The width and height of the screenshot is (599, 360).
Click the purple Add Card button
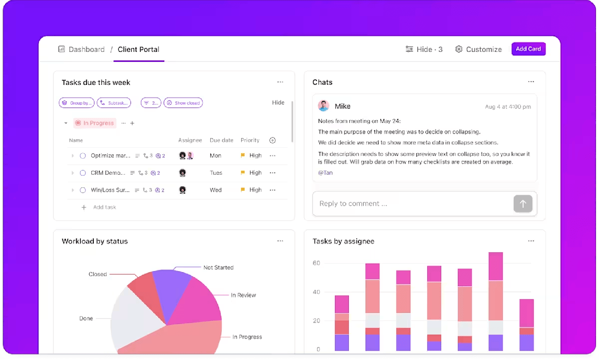pos(528,49)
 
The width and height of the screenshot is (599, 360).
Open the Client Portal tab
pos(138,49)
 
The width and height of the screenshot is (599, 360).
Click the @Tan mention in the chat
pos(325,173)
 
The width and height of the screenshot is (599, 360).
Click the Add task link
pos(104,207)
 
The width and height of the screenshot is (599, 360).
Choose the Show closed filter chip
pos(183,103)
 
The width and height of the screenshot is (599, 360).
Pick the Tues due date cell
pos(216,173)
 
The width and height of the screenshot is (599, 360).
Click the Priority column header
pos(250,140)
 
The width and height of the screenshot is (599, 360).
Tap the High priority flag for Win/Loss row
pos(243,190)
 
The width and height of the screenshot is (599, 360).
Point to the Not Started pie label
pos(218,268)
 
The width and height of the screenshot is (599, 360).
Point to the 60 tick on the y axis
pos(316,263)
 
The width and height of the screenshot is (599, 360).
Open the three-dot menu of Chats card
pos(531,82)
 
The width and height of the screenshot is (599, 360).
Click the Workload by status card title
pos(95,241)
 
